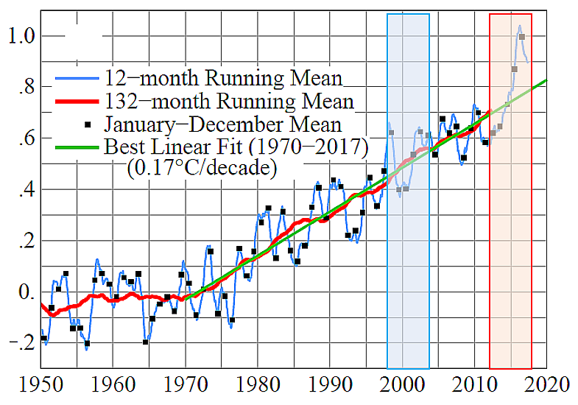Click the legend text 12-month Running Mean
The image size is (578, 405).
(x=223, y=77)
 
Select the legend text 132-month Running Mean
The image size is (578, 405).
(x=229, y=100)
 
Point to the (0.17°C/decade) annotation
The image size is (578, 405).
(x=202, y=168)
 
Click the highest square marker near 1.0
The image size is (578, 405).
(x=521, y=37)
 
